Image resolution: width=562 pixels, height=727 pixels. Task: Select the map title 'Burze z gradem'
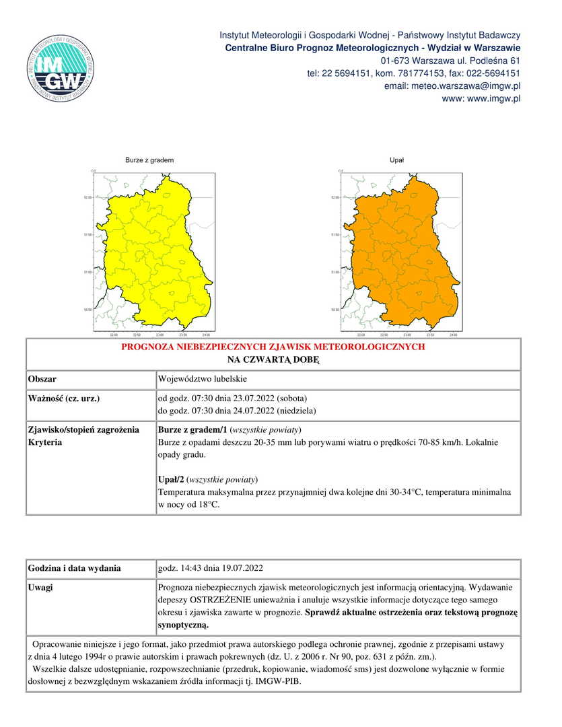[x=149, y=160]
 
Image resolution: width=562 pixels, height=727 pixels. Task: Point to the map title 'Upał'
[x=396, y=160]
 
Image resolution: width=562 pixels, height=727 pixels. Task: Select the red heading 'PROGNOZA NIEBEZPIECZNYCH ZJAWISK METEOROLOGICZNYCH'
[x=273, y=347]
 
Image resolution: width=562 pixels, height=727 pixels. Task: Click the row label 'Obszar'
[x=42, y=380]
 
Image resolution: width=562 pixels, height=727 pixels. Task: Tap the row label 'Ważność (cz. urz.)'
[x=64, y=399]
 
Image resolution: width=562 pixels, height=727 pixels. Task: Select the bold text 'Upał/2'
[x=172, y=479]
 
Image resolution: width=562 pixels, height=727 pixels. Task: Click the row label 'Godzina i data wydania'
[x=74, y=568]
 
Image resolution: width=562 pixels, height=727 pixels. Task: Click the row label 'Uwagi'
[x=40, y=588]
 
